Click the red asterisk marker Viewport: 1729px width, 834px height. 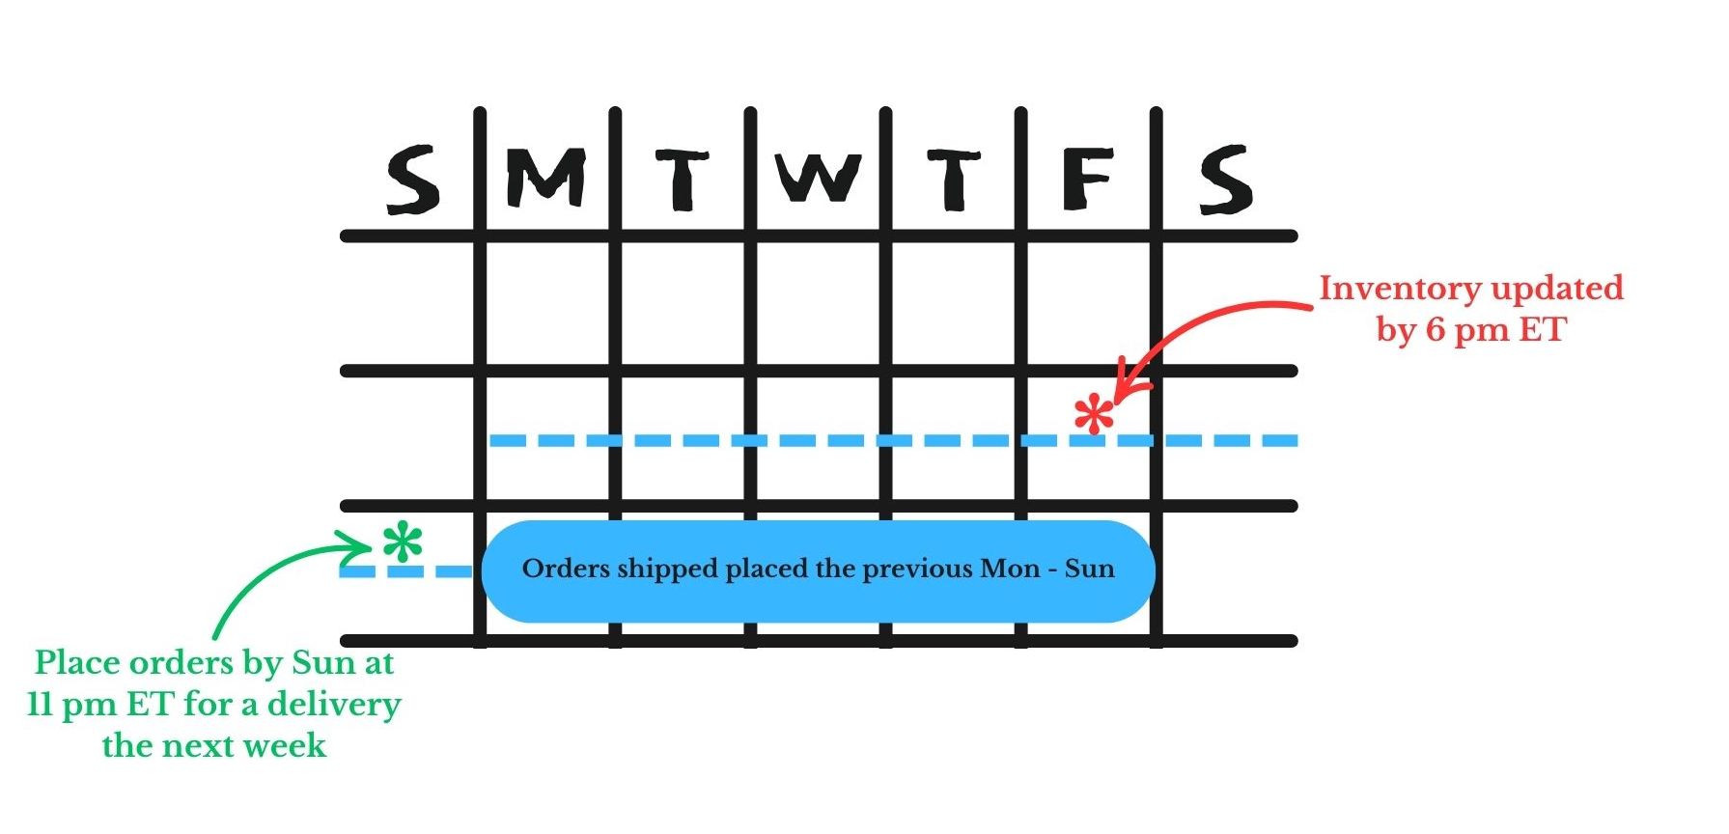(1094, 416)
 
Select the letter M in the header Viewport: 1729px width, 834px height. (546, 178)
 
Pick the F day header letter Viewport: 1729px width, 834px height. (1088, 179)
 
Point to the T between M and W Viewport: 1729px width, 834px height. (683, 179)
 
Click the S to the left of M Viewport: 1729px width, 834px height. (412, 179)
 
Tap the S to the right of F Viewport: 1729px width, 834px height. (1225, 179)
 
